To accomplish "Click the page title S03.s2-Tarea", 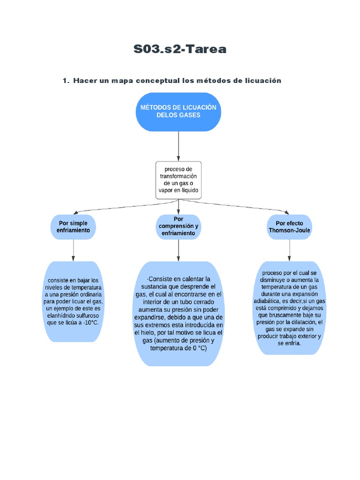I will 180,49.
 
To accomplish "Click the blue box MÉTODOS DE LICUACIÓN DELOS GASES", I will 178,112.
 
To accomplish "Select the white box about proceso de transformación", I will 178,180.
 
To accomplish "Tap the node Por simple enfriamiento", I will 73,227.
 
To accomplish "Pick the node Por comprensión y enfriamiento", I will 178,226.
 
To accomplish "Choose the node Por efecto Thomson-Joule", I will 289,227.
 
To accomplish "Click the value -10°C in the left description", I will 89,323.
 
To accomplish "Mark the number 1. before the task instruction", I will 66,81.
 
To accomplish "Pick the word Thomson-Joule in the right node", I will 289,231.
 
